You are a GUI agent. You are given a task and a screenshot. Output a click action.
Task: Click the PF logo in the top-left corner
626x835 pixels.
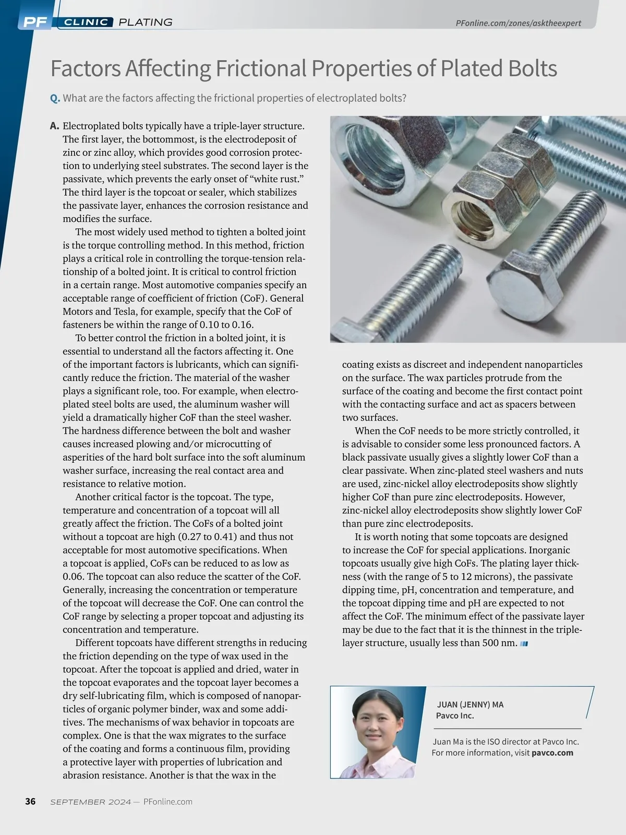(34, 22)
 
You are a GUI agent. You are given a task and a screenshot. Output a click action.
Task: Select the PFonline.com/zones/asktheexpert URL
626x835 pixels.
(518, 23)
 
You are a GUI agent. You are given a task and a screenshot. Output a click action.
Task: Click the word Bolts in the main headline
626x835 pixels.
(526, 68)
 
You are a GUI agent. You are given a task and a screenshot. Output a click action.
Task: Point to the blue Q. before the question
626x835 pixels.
(55, 98)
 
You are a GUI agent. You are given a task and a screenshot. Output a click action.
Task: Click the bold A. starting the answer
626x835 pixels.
(54, 126)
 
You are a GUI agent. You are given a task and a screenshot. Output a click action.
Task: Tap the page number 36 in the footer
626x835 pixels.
(30, 802)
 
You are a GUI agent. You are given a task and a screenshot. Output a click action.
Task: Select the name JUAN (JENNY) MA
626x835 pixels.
(470, 705)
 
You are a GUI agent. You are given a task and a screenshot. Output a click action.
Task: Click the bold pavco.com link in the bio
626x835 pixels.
(552, 753)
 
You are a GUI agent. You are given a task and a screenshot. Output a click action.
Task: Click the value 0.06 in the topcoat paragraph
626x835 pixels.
(73, 577)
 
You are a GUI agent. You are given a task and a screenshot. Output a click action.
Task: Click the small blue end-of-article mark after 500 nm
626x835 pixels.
(524, 643)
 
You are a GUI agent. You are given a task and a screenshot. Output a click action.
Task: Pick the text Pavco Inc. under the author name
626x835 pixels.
(455, 715)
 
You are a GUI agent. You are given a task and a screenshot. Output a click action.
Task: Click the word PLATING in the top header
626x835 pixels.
(146, 22)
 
